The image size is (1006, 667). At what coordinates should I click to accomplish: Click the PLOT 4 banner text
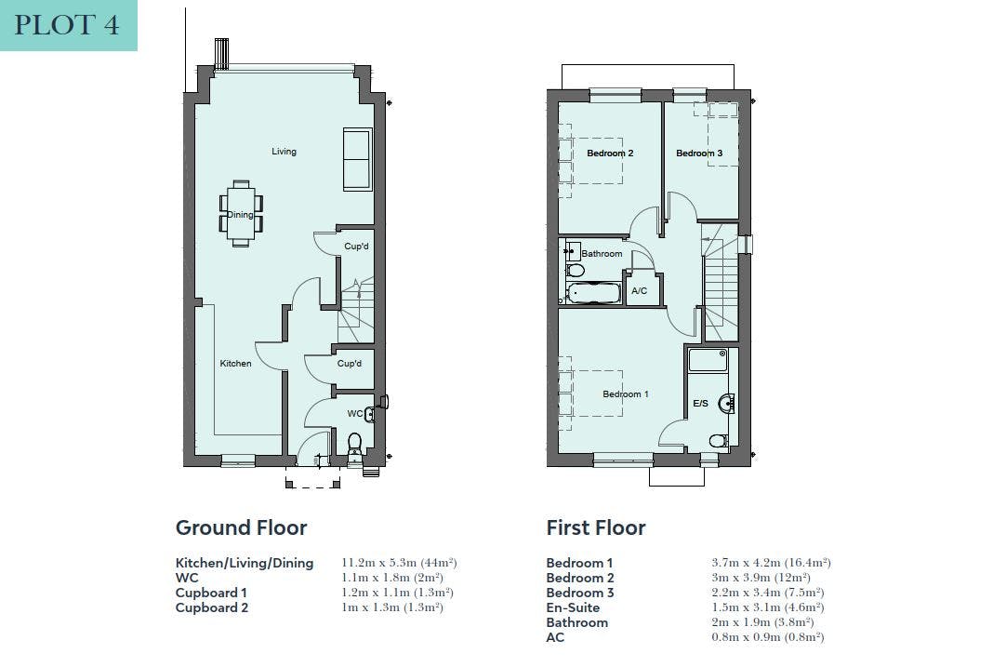67,25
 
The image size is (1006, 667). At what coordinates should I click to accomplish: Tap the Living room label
284,152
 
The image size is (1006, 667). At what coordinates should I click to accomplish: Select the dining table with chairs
241,214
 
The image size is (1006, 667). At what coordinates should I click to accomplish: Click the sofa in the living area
357,159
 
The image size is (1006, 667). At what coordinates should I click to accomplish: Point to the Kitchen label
235,364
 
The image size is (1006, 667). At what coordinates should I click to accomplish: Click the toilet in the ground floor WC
354,445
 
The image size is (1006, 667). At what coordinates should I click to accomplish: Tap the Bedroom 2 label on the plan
610,153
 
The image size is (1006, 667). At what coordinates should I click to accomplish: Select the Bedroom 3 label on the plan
699,153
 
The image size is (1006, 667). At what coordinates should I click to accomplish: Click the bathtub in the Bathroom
593,293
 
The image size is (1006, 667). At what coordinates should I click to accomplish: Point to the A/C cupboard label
639,291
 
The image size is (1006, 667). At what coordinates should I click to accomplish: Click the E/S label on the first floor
701,403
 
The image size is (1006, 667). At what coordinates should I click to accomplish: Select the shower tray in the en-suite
708,360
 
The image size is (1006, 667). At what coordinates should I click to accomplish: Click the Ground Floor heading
241,527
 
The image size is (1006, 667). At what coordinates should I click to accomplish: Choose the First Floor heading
595,527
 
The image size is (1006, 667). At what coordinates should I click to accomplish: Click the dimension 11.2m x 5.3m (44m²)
399,563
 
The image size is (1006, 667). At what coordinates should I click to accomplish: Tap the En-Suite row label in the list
573,607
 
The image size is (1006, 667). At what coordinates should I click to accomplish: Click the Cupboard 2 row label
212,607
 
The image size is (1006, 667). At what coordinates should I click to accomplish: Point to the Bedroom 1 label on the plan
626,394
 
